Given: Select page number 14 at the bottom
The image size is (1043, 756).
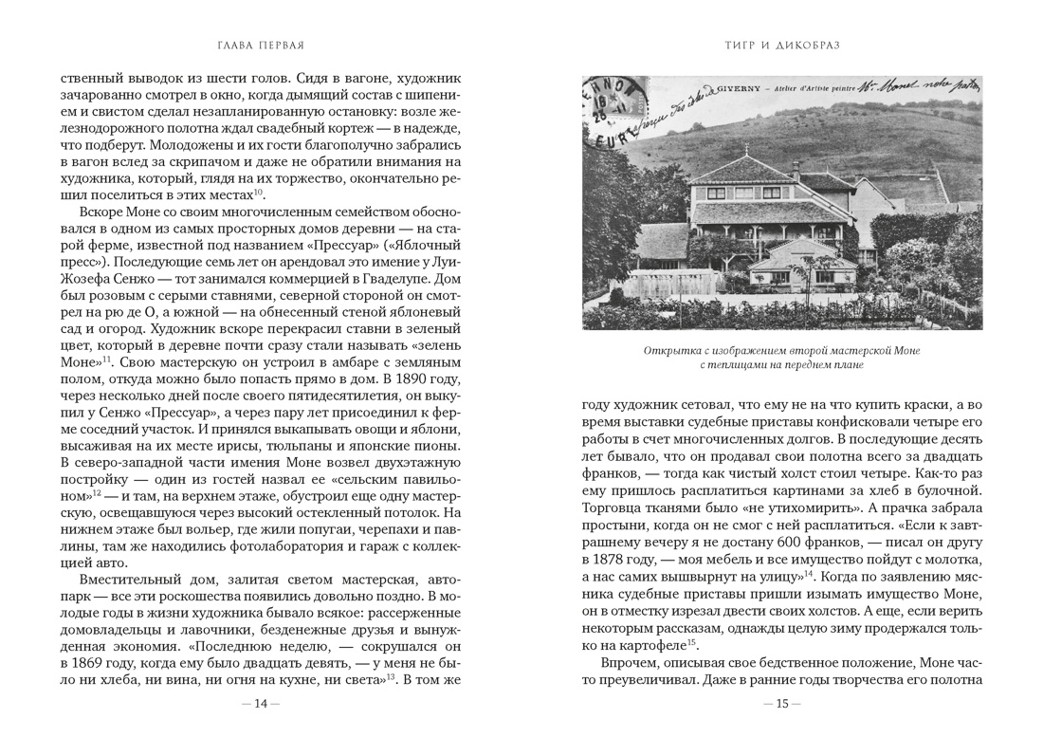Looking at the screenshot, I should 261,703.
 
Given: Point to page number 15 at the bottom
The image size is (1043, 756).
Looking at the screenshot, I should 781,703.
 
